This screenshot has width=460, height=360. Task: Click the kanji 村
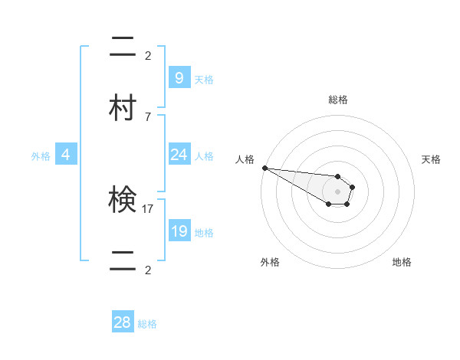122,106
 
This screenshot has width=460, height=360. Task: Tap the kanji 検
122,200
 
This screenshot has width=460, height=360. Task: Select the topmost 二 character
122,47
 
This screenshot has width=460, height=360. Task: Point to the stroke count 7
148,116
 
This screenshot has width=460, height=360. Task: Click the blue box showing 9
179,77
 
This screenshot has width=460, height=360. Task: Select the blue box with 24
179,155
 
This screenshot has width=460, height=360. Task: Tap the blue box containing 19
179,231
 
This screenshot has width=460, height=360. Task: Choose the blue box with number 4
66,155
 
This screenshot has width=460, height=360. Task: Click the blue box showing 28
123,322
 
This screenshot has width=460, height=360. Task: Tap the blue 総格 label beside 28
147,324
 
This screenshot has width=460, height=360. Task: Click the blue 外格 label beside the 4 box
41,156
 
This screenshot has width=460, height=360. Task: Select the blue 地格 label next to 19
204,233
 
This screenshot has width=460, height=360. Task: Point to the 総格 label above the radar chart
338,100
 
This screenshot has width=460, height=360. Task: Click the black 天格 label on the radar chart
432,159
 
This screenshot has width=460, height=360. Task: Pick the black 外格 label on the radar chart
270,262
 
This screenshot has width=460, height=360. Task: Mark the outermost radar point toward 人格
264,168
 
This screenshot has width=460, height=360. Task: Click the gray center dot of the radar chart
337,191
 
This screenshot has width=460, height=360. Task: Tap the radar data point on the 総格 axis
337,176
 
